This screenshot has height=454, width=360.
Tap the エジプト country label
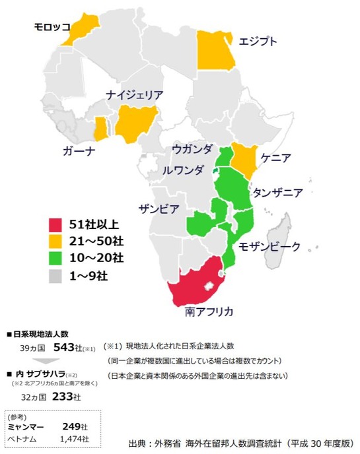(258, 41)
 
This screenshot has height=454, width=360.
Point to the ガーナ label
(79, 150)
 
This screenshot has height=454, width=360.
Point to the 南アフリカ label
(209, 309)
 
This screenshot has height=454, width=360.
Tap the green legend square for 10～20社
(59, 258)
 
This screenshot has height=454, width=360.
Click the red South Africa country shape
(198, 284)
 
